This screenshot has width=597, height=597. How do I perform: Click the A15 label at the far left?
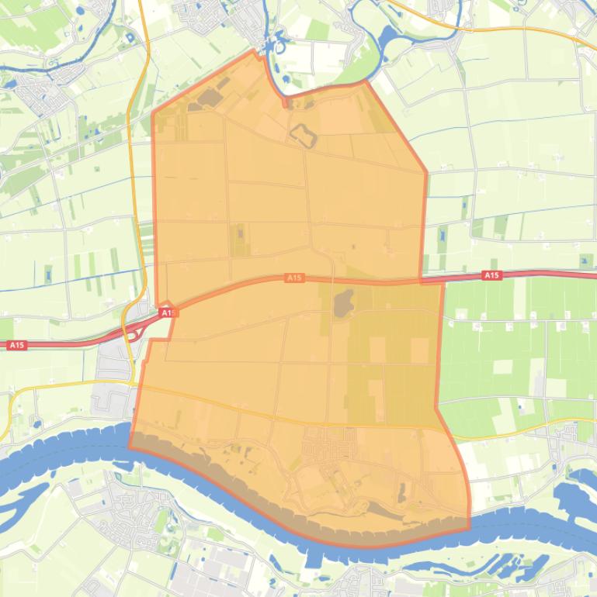(17, 345)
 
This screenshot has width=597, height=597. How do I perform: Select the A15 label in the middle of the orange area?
(294, 278)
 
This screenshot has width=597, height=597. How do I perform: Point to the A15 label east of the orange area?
(491, 275)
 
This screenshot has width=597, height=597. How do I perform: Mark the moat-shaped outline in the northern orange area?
(303, 136)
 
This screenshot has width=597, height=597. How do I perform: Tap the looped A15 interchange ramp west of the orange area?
(134, 333)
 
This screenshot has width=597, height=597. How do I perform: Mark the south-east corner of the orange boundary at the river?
(470, 530)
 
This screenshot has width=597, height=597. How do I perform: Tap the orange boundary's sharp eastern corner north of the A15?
(426, 172)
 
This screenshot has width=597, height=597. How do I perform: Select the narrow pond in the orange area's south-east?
(401, 492)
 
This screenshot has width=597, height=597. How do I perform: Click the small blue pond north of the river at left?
(36, 423)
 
